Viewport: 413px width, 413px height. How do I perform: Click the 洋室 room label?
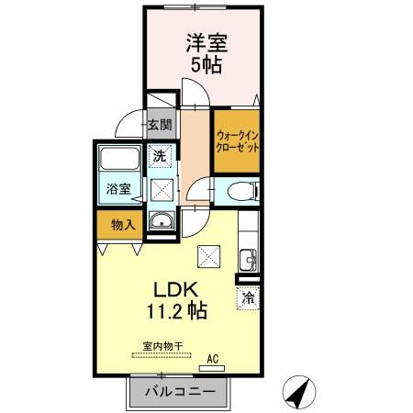pyautogui.click(x=206, y=43)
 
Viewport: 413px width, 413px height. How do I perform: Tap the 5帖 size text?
pyautogui.click(x=206, y=66)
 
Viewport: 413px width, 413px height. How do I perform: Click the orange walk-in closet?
pyautogui.click(x=238, y=141)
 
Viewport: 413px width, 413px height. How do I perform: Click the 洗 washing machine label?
pyautogui.click(x=160, y=157)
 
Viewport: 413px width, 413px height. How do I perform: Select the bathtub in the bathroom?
pyautogui.click(x=119, y=162)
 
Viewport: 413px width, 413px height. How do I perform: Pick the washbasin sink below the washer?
pyautogui.click(x=161, y=221)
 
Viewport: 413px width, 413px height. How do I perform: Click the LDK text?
pyautogui.click(x=177, y=287)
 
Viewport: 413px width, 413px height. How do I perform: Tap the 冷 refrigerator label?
pyautogui.click(x=249, y=296)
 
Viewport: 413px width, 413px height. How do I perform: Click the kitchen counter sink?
pyautogui.click(x=246, y=258)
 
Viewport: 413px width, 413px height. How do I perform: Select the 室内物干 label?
pyautogui.click(x=162, y=345)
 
